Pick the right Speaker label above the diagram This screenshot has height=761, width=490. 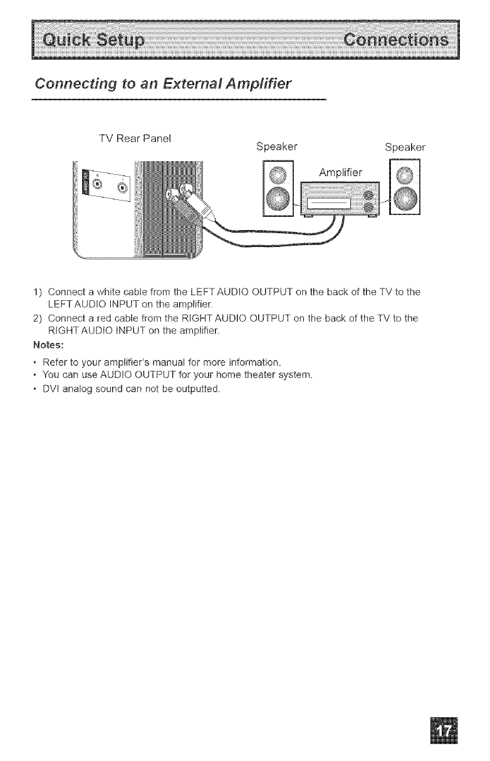405,148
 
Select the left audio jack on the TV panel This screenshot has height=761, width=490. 99,184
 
